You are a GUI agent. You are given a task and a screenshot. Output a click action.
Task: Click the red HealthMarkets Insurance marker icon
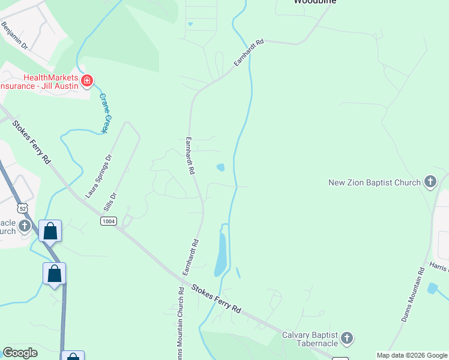(x=87, y=80)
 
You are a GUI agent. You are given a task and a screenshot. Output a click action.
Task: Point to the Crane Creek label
(x=106, y=113)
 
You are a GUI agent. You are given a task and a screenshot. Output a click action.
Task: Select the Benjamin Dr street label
(x=15, y=35)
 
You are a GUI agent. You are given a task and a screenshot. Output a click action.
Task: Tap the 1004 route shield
(x=109, y=221)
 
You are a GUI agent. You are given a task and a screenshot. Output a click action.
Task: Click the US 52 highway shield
(x=23, y=208)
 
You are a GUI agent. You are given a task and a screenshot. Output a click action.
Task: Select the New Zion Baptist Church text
(x=375, y=182)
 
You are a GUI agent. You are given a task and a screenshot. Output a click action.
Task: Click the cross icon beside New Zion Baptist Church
(x=430, y=181)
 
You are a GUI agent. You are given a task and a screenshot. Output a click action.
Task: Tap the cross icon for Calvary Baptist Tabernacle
(x=348, y=339)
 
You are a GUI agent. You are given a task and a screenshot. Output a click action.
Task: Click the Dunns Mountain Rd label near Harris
(x=413, y=295)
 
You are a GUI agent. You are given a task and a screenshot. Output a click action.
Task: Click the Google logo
(x=20, y=353)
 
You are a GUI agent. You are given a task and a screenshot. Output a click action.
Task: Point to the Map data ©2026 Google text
(x=411, y=355)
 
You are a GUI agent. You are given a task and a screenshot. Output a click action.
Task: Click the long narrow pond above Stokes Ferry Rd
(x=220, y=253)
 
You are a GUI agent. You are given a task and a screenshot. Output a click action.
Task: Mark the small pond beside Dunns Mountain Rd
(x=432, y=289)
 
